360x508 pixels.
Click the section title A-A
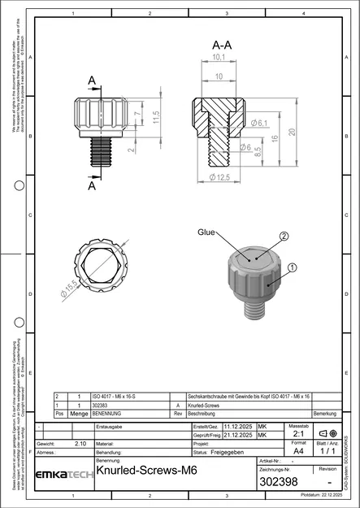click(x=219, y=44)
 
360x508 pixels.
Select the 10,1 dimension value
click(x=219, y=59)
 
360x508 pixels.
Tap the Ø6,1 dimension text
click(x=260, y=122)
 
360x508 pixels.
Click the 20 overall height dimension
click(x=290, y=132)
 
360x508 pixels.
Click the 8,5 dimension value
click(x=258, y=150)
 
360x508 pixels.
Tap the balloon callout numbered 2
click(x=284, y=236)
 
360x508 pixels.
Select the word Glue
click(x=206, y=232)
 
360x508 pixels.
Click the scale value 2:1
click(x=298, y=434)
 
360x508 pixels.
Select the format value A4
click(x=298, y=449)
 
